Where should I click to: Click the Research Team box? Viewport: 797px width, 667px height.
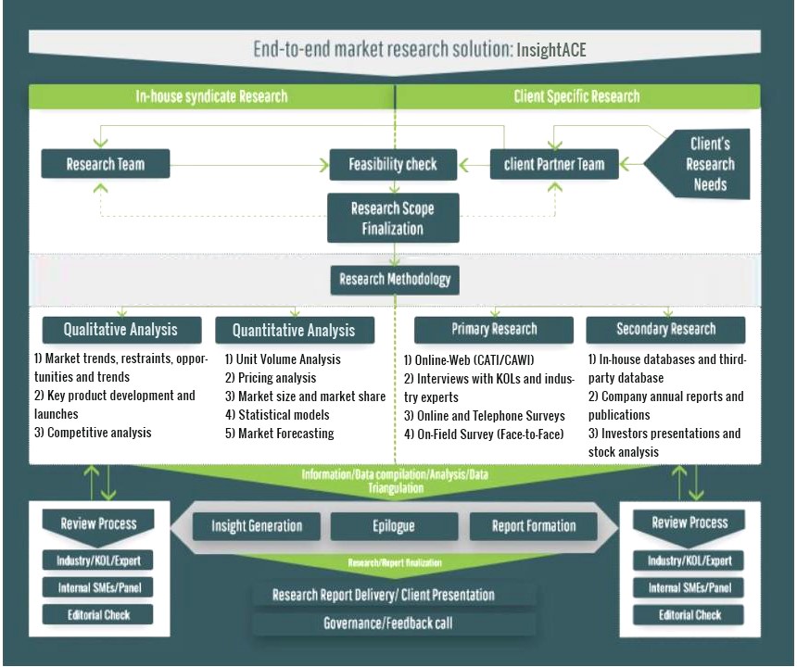point(106,165)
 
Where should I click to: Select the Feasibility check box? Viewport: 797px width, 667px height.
point(393,165)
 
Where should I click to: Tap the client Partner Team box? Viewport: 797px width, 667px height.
point(554,165)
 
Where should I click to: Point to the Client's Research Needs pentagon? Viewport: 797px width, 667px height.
point(705,164)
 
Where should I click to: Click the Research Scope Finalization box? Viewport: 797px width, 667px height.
point(393,219)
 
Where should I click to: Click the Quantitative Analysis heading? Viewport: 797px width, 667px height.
point(294,330)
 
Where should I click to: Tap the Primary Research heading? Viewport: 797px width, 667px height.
point(494,329)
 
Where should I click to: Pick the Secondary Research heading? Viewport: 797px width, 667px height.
point(665,329)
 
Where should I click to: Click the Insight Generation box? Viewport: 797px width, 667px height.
point(257,526)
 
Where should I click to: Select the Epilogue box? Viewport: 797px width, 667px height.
point(393,526)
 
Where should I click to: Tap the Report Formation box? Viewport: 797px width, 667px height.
point(535,526)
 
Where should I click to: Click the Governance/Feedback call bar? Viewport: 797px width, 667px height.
point(388,623)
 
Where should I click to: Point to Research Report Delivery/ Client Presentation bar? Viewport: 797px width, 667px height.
point(383,595)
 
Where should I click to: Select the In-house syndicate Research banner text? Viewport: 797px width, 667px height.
point(212,95)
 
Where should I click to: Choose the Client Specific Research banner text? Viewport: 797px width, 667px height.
point(576,95)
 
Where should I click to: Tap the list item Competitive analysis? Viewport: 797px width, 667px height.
point(99,433)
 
